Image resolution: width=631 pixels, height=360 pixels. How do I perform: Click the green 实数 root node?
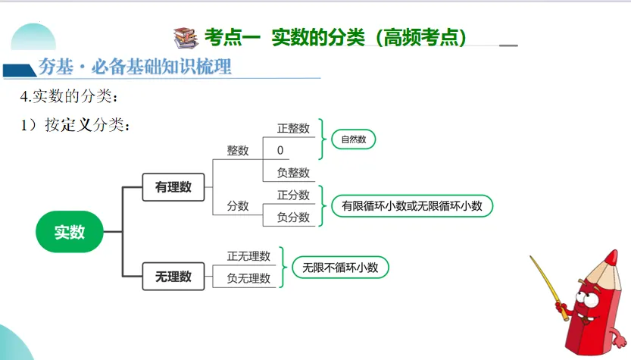click(69, 232)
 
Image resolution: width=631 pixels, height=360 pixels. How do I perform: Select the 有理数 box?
click(173, 186)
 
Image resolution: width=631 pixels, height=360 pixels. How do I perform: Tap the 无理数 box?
click(173, 276)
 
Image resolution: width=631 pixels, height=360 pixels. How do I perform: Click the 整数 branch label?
click(238, 150)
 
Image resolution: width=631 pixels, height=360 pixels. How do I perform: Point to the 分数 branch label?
click(238, 205)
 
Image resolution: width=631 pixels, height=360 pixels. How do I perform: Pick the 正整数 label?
click(293, 128)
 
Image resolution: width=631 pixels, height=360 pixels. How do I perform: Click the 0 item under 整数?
click(280, 150)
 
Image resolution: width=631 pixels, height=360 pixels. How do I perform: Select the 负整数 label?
click(293, 172)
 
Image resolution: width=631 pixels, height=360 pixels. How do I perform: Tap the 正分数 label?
click(293, 195)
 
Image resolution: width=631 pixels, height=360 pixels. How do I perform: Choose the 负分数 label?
click(293, 217)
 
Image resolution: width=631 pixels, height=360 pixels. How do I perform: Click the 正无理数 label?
click(248, 256)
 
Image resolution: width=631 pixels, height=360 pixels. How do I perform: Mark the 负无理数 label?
click(248, 278)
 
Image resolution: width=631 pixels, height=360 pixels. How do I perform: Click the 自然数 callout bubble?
click(353, 139)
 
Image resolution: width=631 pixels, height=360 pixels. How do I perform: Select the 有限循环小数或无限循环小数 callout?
click(411, 205)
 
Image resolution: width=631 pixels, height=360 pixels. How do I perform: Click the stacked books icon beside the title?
click(185, 36)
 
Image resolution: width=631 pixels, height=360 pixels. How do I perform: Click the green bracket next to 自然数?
click(323, 139)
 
